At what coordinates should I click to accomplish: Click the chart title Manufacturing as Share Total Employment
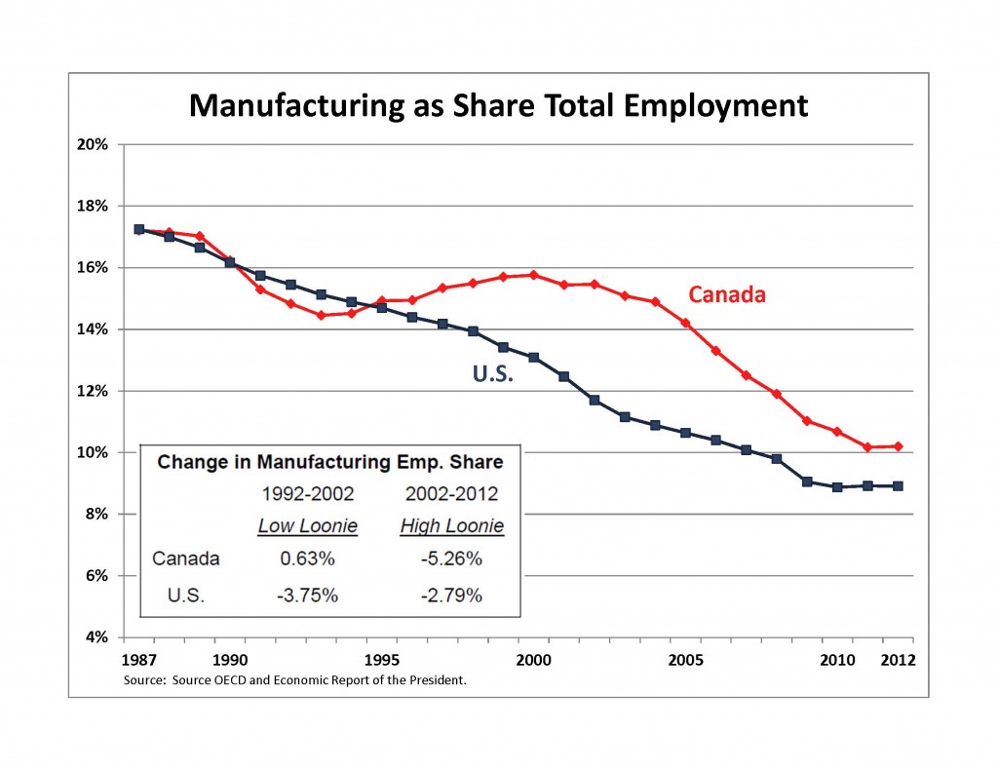[x=498, y=104]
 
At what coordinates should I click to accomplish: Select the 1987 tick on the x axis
[x=138, y=661]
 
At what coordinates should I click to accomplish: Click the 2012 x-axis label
[x=898, y=661]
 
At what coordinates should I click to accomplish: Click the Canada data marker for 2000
[x=533, y=275]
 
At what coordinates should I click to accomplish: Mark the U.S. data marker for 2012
[x=898, y=485]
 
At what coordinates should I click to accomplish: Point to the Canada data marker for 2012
[x=898, y=446]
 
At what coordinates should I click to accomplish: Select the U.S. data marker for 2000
[x=533, y=357]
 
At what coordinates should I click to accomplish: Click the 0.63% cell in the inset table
[x=306, y=559]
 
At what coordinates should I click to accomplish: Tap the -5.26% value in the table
[x=451, y=559]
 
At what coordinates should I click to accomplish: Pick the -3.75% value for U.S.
[x=306, y=595]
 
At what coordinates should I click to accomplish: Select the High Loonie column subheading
[x=451, y=526]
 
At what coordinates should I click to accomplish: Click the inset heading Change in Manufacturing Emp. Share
[x=330, y=462]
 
